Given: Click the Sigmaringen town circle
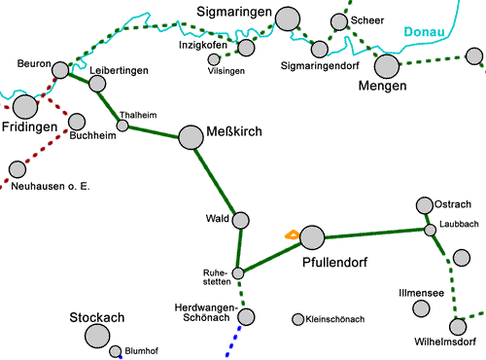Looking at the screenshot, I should pos(288,18).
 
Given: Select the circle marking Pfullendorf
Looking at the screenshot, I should pos(312,236).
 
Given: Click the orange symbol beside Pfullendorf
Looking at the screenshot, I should pos(291,234).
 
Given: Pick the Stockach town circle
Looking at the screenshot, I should pos(97,336).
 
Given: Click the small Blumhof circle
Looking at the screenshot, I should pos(116,351).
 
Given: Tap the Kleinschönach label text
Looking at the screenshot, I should pos(334,319).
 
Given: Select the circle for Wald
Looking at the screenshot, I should pos(241,221).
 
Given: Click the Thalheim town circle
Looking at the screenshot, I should pos(122,125).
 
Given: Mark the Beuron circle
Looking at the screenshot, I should pos(60,70).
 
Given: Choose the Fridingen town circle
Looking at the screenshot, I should pos(25,106).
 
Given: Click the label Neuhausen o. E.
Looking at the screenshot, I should pos(56,186).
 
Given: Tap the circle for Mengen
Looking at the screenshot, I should pos(388,66).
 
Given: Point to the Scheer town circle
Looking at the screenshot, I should pos(339,21).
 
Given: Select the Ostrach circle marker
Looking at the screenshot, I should pos(424,205).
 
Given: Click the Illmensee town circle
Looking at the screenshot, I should pos(421,308).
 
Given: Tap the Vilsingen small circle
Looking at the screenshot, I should pos(214,59).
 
